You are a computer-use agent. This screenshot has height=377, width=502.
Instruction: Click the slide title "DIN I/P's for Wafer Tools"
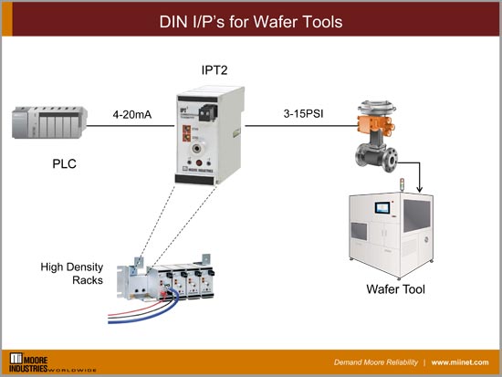click(x=250, y=21)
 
